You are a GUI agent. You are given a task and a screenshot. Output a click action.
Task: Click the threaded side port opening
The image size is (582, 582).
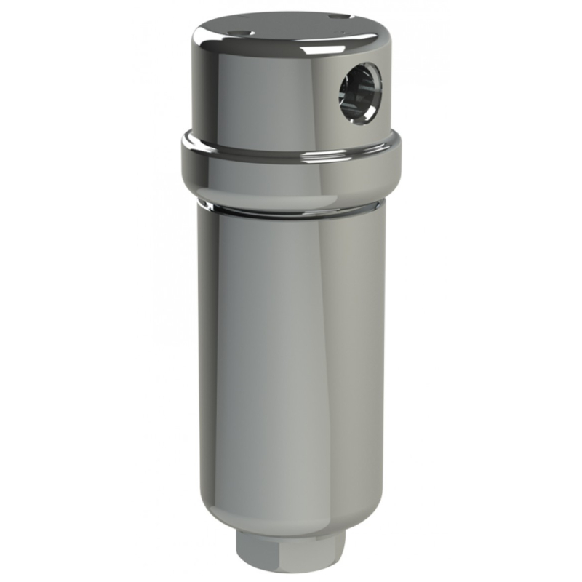[359, 93]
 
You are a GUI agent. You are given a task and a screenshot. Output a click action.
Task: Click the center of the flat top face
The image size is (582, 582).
[291, 29]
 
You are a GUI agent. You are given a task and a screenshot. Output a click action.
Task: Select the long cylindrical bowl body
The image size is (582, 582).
[291, 349]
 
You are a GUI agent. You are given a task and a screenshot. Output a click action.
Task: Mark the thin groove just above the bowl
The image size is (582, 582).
[291, 212]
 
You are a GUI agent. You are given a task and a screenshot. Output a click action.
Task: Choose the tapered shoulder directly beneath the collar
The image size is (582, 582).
[291, 196]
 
